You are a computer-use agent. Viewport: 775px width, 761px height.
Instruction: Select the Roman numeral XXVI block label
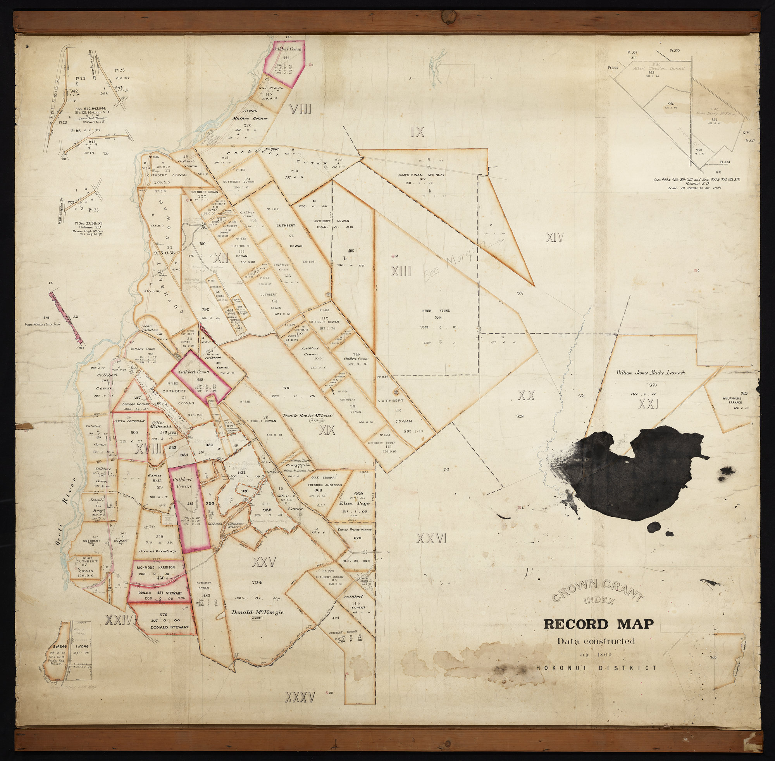pyautogui.click(x=431, y=539)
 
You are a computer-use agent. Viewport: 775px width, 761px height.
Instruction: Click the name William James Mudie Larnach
pyautogui.click(x=650, y=372)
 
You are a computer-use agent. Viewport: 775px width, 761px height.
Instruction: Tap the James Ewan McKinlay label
pyautogui.click(x=421, y=175)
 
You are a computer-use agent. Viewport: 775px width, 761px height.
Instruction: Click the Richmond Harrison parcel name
pyautogui.click(x=155, y=567)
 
